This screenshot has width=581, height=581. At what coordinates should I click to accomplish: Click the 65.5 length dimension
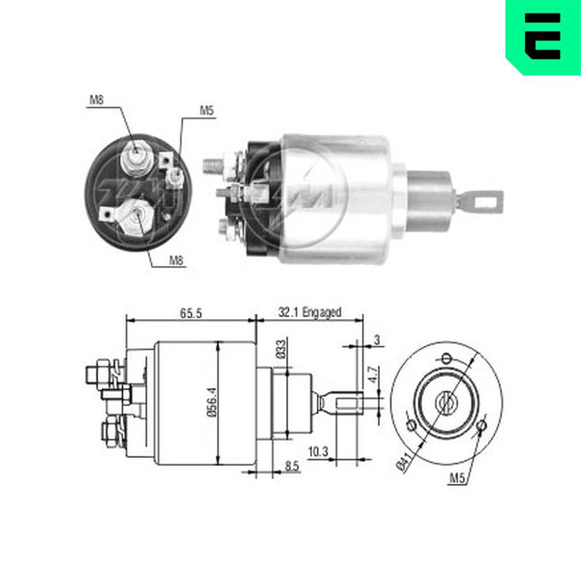tap(191, 314)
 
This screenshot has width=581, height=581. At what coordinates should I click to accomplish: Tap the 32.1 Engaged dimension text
tap(310, 313)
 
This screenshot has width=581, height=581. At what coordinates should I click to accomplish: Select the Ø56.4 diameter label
tap(212, 403)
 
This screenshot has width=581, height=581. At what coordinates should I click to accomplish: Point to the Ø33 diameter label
tap(281, 349)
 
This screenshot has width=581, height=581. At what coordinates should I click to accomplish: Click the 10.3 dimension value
tap(318, 452)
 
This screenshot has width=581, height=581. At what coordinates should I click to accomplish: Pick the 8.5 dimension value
tap(292, 466)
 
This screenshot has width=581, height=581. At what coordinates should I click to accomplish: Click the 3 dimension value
tap(377, 340)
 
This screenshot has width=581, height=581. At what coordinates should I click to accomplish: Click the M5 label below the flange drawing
tap(457, 478)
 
